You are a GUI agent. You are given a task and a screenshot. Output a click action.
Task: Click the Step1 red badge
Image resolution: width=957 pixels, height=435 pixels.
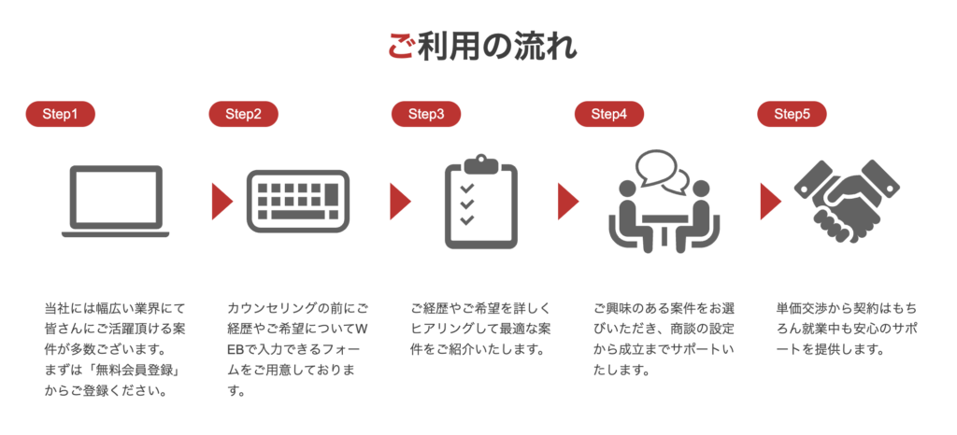[x=61, y=114]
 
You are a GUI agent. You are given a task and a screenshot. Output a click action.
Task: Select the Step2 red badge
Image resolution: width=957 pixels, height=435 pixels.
[x=244, y=114]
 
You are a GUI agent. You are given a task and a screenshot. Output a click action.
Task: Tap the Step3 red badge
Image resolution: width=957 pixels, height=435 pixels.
[x=426, y=114]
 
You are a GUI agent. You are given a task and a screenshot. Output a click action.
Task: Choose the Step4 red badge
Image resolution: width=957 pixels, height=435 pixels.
[x=609, y=114]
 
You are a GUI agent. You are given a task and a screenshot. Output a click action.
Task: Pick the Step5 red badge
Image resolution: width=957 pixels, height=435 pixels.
[x=792, y=114]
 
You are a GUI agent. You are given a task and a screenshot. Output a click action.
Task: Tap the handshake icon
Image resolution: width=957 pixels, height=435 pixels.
[x=847, y=201]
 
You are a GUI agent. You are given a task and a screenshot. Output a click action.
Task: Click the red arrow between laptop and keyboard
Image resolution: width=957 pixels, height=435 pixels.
[x=222, y=201]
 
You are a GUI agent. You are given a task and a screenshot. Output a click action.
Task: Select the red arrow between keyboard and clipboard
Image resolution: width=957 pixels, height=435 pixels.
[x=400, y=201]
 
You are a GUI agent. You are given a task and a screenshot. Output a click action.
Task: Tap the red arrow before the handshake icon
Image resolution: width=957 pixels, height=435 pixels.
[x=770, y=201]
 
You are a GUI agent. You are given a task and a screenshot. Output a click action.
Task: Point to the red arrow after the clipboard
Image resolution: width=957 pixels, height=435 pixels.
[x=567, y=201]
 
